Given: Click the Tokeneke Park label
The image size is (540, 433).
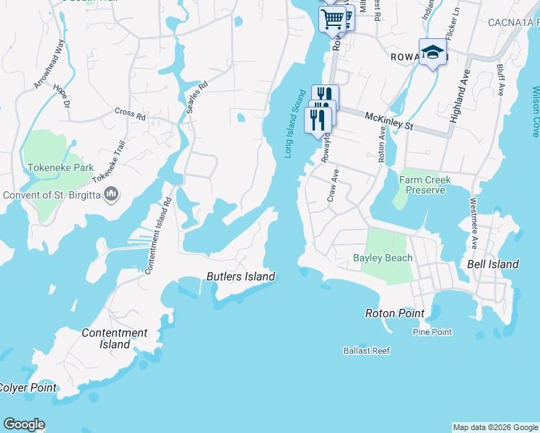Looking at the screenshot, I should click(61, 167).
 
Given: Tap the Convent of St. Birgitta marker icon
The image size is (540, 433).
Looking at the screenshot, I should click(112, 194).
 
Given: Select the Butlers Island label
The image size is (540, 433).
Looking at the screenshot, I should click(240, 276).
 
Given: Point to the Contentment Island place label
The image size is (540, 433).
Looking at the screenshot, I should click(114, 338).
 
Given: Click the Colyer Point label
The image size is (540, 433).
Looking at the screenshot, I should click(27, 388).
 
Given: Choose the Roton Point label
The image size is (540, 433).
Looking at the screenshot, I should click(394, 313).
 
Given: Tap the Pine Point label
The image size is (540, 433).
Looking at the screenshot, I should click(432, 332).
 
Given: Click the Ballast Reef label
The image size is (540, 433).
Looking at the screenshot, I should click(366, 351).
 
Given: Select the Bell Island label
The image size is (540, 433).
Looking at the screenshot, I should click(492, 264).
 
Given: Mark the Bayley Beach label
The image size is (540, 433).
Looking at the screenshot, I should click(383, 258).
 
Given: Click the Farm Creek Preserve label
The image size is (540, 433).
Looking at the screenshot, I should click(425, 185).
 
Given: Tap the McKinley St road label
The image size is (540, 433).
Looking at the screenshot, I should click(388, 121).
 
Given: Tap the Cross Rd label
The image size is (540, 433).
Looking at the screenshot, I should click(130, 113).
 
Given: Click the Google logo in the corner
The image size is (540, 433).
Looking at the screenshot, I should click(24, 424).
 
